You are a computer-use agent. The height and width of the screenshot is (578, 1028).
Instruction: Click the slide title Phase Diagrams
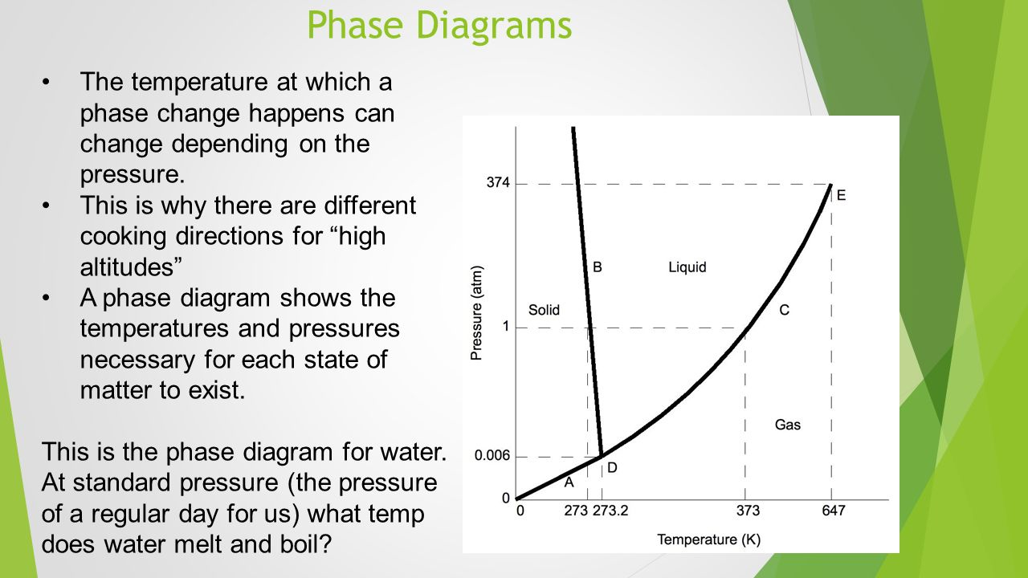(x=439, y=25)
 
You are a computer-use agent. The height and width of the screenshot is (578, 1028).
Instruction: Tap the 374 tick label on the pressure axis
(x=498, y=182)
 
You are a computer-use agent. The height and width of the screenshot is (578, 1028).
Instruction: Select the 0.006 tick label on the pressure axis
(x=492, y=455)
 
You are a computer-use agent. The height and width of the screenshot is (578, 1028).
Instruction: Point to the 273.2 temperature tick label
(x=610, y=511)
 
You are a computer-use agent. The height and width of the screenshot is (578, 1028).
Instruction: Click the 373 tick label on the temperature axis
(x=748, y=511)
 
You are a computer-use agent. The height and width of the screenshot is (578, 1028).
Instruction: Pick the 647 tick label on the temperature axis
(x=834, y=511)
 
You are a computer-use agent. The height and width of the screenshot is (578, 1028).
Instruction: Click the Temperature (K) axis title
(x=708, y=539)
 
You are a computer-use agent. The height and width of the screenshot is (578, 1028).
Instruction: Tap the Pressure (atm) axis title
(x=477, y=313)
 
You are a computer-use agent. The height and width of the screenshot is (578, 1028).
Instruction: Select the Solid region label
(x=544, y=310)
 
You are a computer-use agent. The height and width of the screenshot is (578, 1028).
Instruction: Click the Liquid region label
(x=687, y=267)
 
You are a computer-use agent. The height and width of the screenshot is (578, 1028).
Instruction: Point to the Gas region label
(x=788, y=425)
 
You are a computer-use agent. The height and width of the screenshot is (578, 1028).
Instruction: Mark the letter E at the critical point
(x=841, y=195)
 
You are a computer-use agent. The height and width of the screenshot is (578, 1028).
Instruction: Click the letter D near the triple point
(x=612, y=468)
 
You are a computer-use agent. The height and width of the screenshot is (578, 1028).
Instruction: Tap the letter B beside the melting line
(x=597, y=267)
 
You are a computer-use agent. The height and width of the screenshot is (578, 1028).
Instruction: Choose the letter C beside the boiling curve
(x=785, y=310)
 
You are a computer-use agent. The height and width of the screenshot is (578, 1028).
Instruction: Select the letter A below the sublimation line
(x=569, y=482)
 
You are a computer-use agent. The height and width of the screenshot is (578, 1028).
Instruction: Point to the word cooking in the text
(x=123, y=237)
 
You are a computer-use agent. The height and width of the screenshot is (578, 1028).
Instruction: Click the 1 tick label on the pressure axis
(x=506, y=326)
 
